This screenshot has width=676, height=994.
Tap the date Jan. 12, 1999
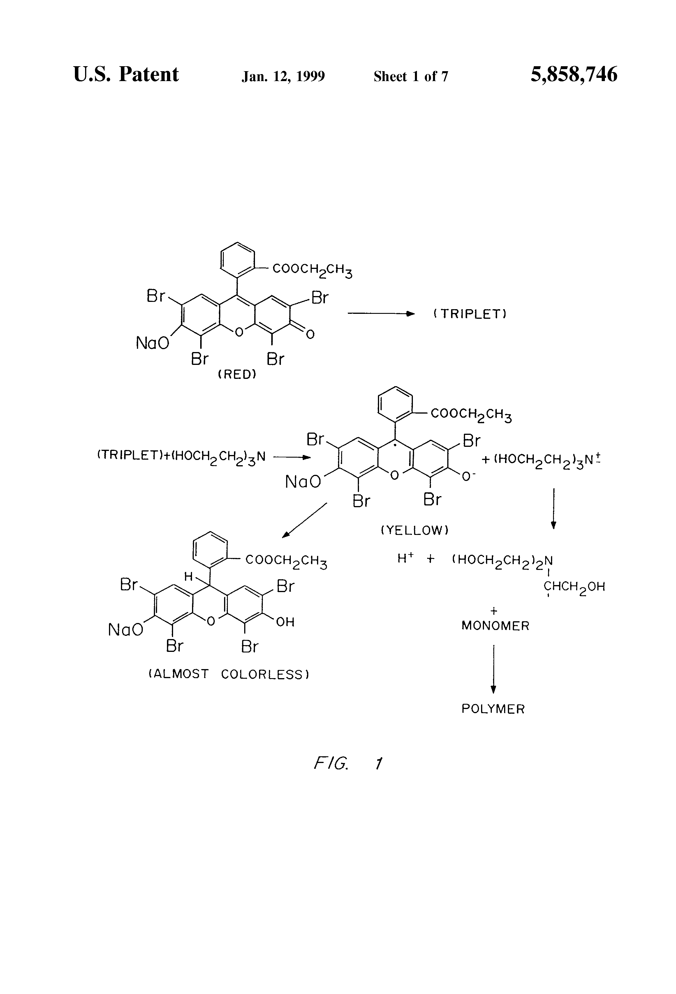[x=283, y=76]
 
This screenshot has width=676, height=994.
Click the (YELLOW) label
[x=415, y=530]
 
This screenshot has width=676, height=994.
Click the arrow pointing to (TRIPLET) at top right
[x=381, y=314]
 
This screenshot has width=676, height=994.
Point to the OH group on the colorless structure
[x=285, y=622]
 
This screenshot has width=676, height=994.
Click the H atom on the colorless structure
[x=189, y=577]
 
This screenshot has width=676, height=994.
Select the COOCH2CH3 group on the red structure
[x=312, y=270]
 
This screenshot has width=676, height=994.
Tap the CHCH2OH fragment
[x=574, y=586]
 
